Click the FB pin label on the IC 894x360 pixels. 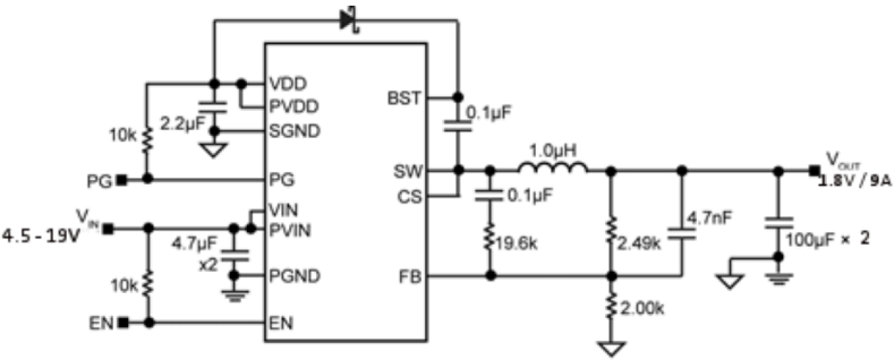[x=412, y=277]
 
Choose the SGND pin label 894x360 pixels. [x=294, y=132]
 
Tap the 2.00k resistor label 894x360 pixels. [x=642, y=310]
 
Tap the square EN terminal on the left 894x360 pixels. [x=124, y=323]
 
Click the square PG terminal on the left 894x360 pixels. [x=123, y=179]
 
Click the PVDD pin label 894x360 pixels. [x=294, y=107]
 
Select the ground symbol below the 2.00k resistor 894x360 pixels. [x=611, y=349]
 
